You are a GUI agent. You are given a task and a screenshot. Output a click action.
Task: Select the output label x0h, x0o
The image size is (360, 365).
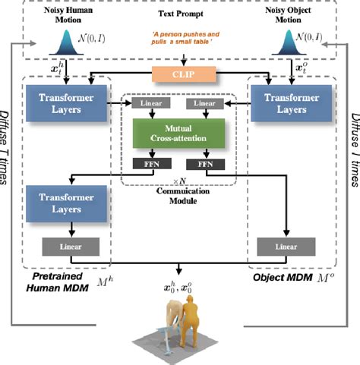click(180, 285)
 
